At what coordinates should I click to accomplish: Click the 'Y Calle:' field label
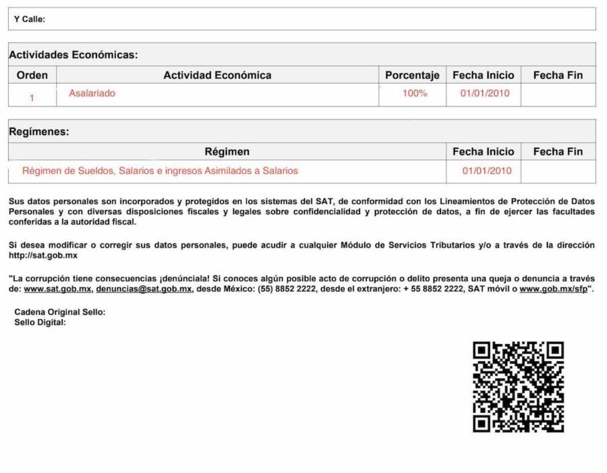pos(30,20)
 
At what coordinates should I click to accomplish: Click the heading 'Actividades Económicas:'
pos(73,55)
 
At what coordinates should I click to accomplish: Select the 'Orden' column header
pos(32,75)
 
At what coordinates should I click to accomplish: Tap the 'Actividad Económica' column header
pos(217,75)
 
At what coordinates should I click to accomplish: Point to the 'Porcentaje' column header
pos(412,75)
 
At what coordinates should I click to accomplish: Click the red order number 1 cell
pos(32,98)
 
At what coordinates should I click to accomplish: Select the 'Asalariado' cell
pos(92,93)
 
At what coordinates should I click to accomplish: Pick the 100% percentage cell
pos(415,93)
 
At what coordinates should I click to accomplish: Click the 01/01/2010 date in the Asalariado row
pos(485,93)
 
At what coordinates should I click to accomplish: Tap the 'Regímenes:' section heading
pos(38,132)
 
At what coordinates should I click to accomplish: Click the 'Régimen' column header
pos(227,152)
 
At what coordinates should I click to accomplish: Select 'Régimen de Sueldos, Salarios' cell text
pos(160,171)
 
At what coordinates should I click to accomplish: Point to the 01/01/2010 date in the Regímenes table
pos(487,171)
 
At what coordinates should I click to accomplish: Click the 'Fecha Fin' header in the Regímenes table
pos(558,152)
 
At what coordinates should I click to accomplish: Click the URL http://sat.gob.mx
pos(43,256)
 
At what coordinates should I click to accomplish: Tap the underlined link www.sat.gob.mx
pos(57,289)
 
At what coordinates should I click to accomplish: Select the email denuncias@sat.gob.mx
pos(144,289)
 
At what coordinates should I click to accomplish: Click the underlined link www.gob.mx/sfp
pos(553,289)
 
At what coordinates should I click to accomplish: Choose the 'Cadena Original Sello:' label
pos(60,312)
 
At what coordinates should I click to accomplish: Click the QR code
pos(518,387)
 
